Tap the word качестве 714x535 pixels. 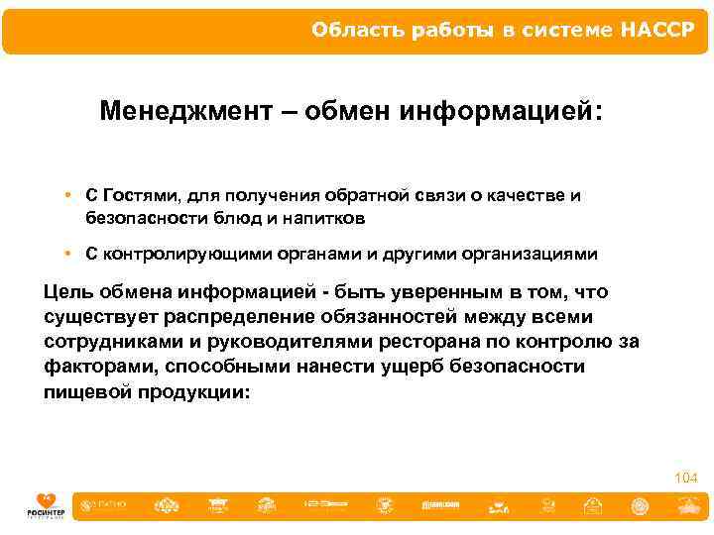point(525,195)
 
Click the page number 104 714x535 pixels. point(685,479)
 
